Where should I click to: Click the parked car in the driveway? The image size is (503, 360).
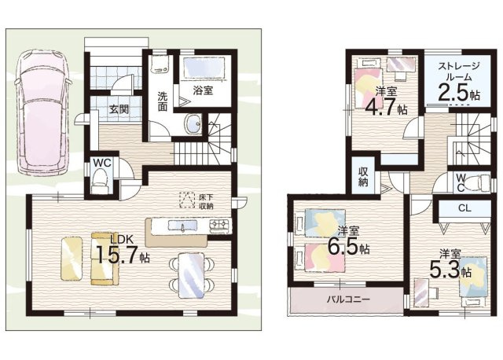click(x=42, y=112)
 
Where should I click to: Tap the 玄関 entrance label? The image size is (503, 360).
click(x=119, y=109)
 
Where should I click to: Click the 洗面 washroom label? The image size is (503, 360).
click(x=163, y=101)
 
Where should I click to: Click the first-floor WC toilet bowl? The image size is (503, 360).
click(x=100, y=182)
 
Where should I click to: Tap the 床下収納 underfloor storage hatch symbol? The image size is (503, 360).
click(x=187, y=200)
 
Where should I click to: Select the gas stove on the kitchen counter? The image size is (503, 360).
click(x=220, y=226)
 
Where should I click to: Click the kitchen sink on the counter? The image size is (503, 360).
click(x=182, y=226)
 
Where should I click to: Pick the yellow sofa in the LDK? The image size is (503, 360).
click(x=103, y=259)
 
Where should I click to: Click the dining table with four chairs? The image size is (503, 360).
click(x=191, y=275)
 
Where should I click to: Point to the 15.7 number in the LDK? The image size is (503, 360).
click(x=117, y=255)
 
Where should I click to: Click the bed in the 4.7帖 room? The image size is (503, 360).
click(x=369, y=83)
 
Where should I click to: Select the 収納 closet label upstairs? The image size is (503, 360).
click(x=363, y=177)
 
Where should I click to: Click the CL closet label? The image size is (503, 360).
click(x=464, y=208)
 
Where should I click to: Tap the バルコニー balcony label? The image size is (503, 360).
click(x=348, y=300)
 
